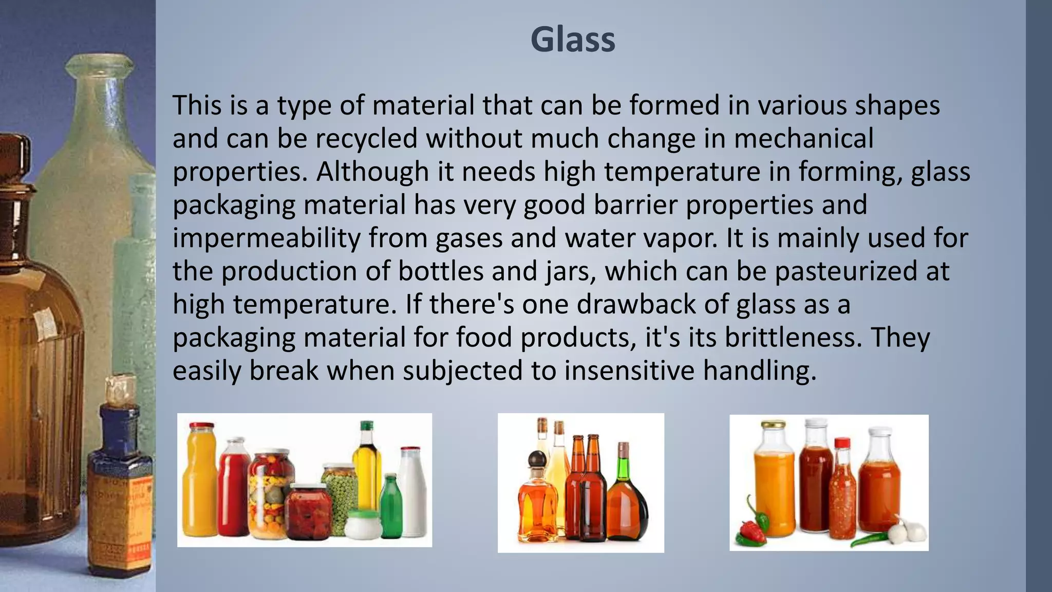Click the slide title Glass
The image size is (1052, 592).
(x=573, y=40)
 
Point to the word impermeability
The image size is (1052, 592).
(x=267, y=238)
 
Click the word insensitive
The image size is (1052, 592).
(x=629, y=371)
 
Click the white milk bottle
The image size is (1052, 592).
(x=413, y=493)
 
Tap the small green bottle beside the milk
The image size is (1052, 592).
(x=392, y=506)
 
